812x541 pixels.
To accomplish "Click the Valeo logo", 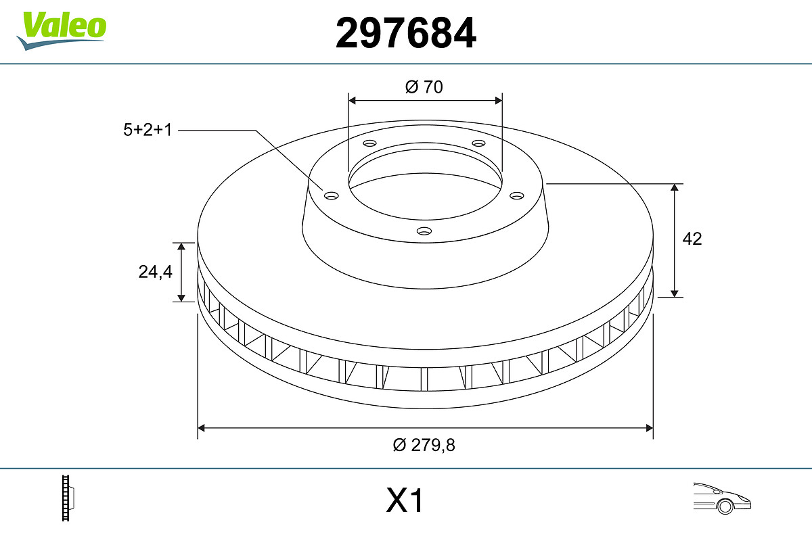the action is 62,31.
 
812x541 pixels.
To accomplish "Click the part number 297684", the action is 406,33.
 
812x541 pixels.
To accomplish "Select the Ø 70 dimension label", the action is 424,87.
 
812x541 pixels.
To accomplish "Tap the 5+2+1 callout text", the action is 148,130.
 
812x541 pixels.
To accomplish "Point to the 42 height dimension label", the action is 692,239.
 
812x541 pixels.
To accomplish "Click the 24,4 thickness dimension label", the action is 155,272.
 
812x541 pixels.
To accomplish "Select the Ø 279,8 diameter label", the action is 424,445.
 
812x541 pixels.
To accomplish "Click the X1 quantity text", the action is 405,500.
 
